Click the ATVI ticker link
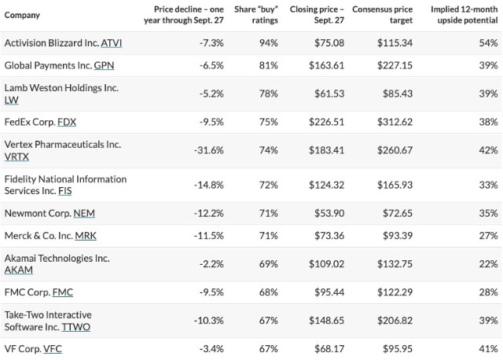[112, 43]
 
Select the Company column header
[22, 15]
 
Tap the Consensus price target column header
[383, 15]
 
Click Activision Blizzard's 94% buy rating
[269, 43]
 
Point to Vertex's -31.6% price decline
[208, 150]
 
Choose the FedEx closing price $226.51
[326, 122]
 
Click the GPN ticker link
[104, 65]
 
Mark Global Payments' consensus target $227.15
[395, 65]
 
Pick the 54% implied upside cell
[488, 43]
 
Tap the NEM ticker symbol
[84, 213]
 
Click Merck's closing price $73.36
[329, 236]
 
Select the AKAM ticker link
[19, 270]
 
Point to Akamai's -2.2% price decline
[211, 264]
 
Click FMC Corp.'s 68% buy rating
[269, 292]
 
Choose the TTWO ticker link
[76, 327]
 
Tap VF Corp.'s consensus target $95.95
[398, 349]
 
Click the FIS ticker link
[65, 191]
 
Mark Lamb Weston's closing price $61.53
[329, 94]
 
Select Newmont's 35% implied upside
[488, 213]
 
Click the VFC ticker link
[53, 349]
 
